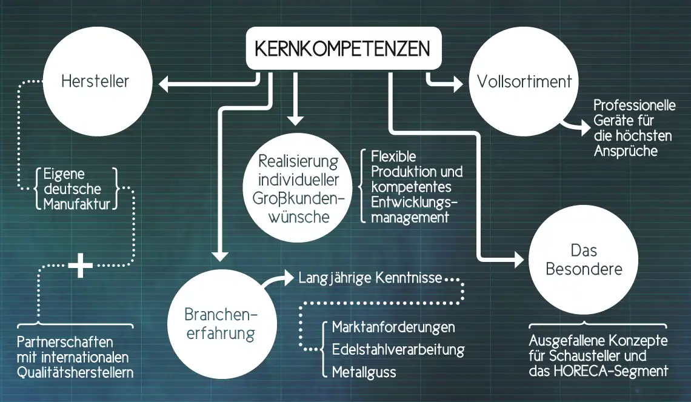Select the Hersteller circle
tap(95, 81)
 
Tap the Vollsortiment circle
tap(524, 81)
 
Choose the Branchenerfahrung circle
tap(220, 324)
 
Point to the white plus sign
tap(81, 266)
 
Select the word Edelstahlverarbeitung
tap(398, 350)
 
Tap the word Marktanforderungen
tap(393, 327)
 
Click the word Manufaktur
tap(77, 204)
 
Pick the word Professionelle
tap(634, 106)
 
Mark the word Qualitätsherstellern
tap(75, 372)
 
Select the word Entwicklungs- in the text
tap(414, 202)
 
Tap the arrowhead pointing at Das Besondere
tap(518, 260)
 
